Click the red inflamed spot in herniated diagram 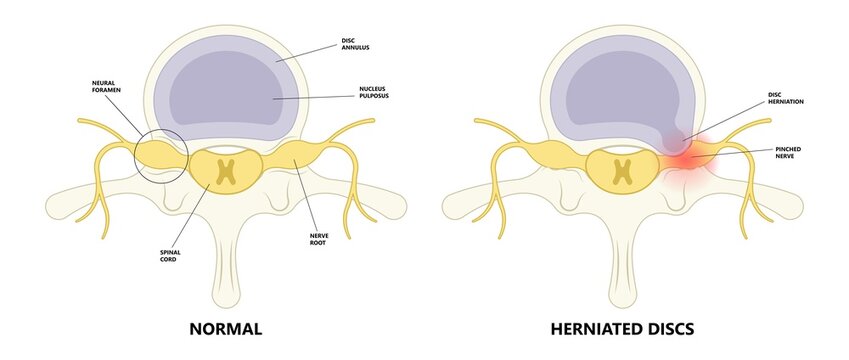click(683, 156)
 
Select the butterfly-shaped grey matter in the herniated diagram click(623, 171)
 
